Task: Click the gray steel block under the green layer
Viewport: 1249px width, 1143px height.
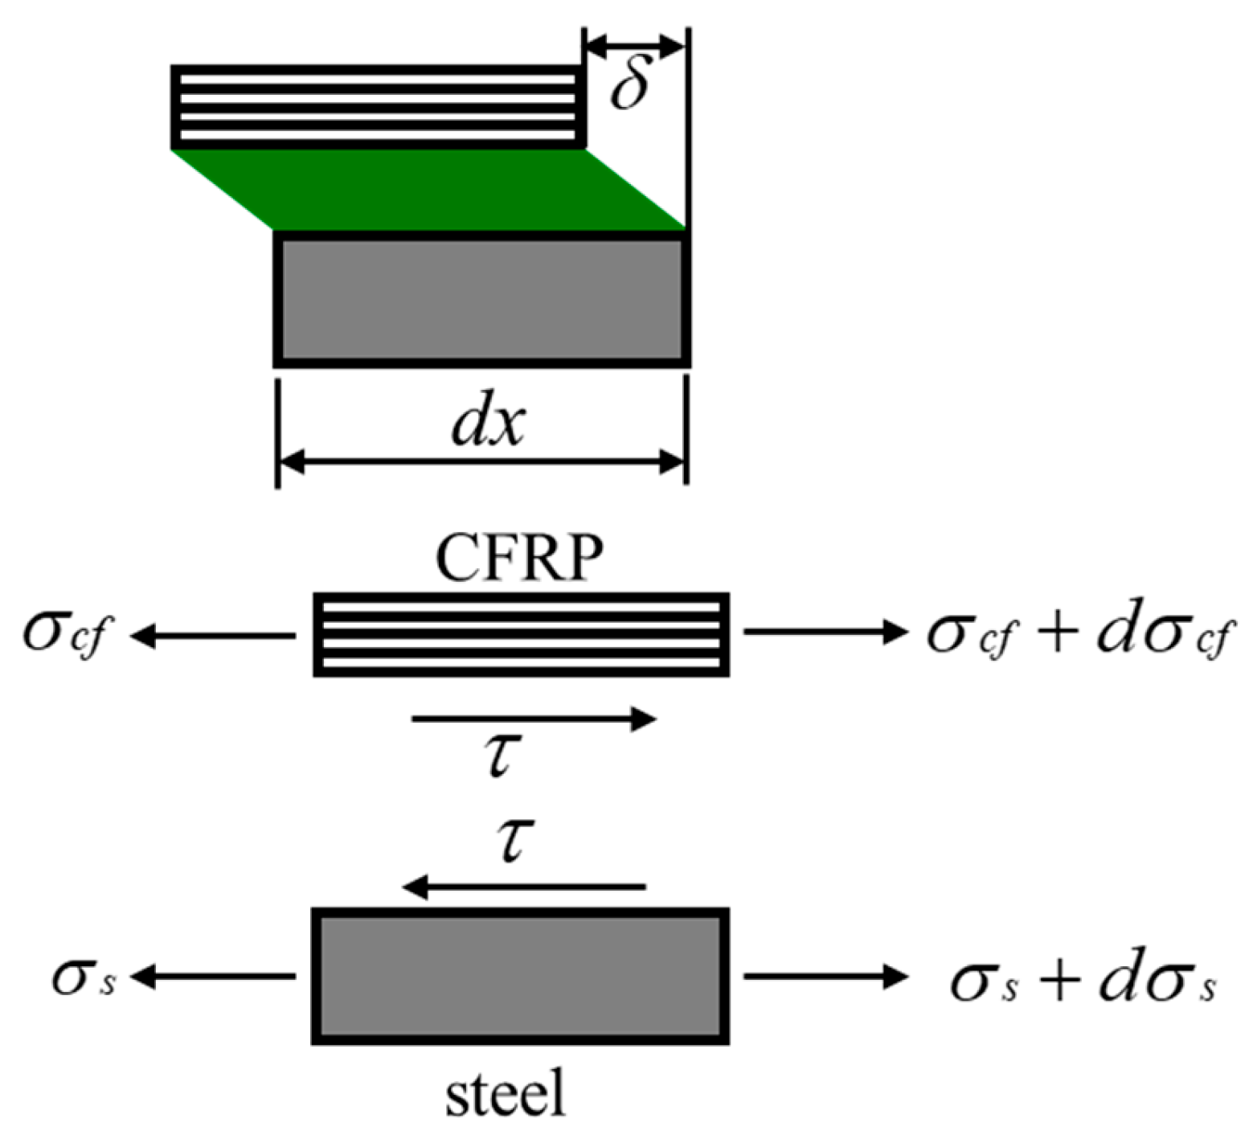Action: coord(481,299)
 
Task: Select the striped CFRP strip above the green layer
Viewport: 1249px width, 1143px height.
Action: coord(378,107)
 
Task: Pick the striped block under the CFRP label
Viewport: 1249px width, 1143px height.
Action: coord(521,634)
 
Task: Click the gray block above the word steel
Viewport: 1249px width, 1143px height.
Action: coord(520,976)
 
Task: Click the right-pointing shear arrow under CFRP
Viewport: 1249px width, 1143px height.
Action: coord(534,719)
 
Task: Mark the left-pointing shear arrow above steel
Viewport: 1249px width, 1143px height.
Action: coord(524,887)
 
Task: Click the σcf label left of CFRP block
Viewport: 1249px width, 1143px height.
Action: coord(64,636)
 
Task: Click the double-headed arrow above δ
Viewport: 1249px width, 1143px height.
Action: coord(634,45)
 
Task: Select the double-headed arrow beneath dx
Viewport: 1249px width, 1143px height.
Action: coord(481,461)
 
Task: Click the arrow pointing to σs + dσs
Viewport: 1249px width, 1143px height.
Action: coord(825,976)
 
